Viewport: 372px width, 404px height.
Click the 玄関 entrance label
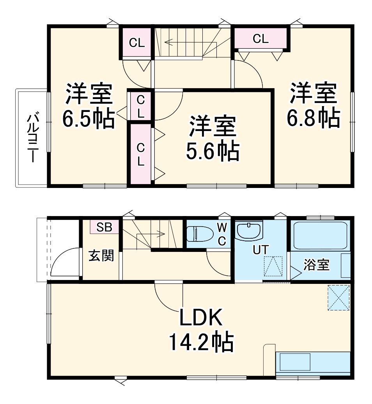101,256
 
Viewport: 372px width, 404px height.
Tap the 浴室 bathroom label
317,265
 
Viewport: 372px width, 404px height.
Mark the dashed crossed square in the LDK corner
338,298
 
